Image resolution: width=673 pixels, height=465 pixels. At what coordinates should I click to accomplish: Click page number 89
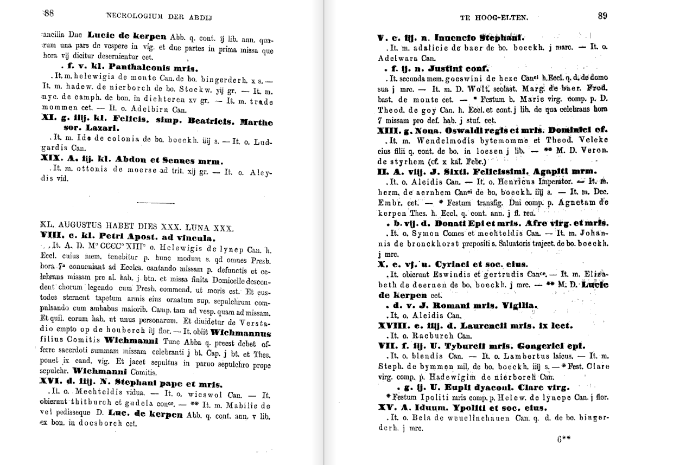click(x=602, y=16)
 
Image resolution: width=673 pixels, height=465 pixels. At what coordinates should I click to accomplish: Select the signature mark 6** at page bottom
click(x=564, y=440)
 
